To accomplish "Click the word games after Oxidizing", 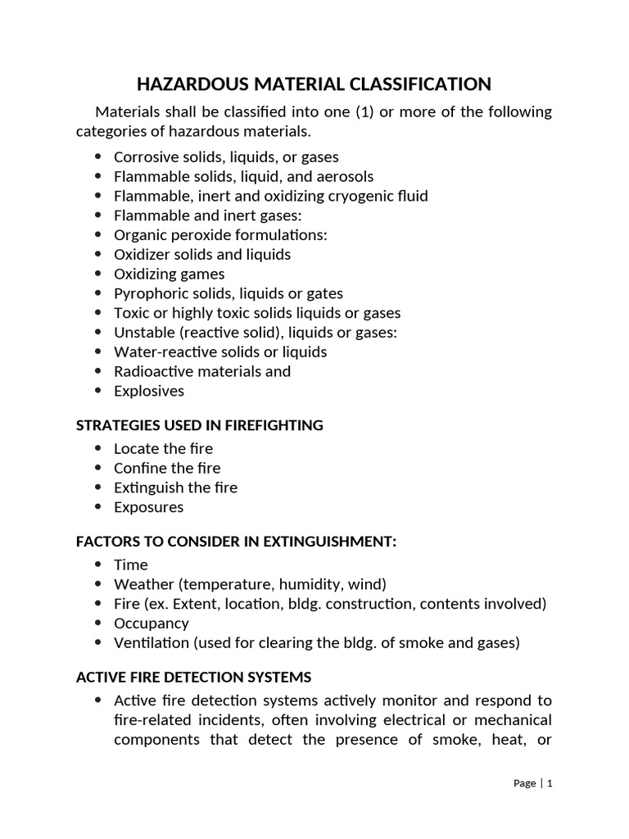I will [x=203, y=274].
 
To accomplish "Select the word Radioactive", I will [x=153, y=371].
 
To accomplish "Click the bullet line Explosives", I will [x=149, y=391].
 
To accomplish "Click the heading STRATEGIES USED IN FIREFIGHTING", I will [x=199, y=425].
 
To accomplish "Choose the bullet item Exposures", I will [x=149, y=507].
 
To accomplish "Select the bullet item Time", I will [x=131, y=565].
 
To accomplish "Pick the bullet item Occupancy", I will [x=152, y=624].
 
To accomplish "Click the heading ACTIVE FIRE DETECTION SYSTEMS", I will [x=193, y=678].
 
